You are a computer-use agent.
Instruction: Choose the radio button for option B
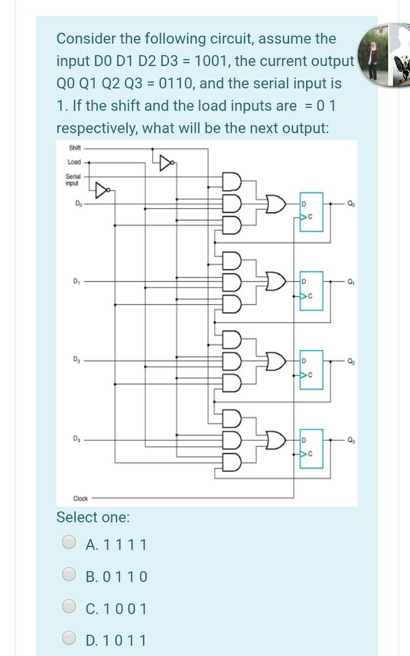[69, 576]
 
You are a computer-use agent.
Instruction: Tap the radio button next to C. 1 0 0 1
[69, 608]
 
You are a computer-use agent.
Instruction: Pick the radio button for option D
[69, 639]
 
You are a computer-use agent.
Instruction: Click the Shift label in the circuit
[75, 147]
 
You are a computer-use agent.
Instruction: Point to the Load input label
[74, 162]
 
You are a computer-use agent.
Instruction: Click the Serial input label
[74, 180]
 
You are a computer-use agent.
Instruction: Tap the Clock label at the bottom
[80, 498]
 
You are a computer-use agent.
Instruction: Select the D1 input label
[76, 281]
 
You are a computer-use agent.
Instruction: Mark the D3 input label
[76, 438]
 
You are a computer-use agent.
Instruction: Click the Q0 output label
[351, 203]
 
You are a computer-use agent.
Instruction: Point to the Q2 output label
[351, 360]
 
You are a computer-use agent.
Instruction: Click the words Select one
[93, 517]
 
